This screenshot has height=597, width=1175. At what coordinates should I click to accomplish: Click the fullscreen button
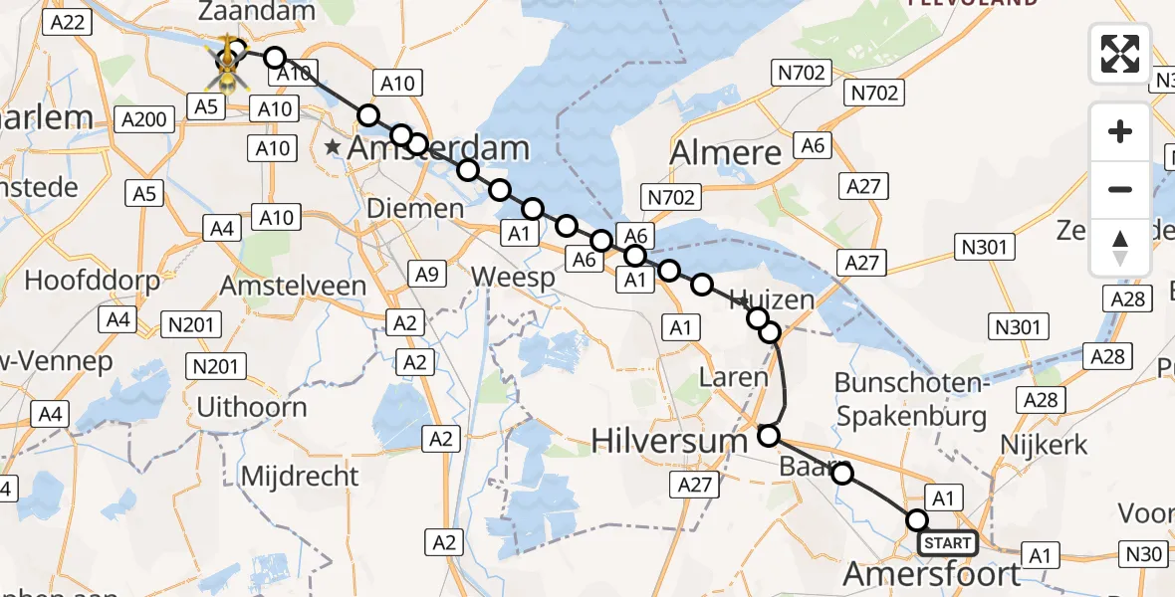coord(1120,54)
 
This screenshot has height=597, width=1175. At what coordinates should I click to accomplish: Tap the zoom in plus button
coord(1120,131)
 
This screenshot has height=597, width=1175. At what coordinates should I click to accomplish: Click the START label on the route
coord(947,543)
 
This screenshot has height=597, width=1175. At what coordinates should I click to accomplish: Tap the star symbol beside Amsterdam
coord(333,148)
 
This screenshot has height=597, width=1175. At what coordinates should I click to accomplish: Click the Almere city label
coord(725,153)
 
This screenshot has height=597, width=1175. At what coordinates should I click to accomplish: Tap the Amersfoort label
coord(932,574)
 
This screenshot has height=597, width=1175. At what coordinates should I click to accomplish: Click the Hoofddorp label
coord(92,280)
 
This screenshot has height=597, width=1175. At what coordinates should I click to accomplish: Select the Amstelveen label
coord(292,286)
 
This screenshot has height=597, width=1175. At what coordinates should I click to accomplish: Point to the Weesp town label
coord(514,278)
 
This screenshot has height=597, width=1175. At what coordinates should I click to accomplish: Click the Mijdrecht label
coord(286,476)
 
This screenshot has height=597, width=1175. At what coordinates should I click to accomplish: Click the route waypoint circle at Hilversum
coord(769,435)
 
